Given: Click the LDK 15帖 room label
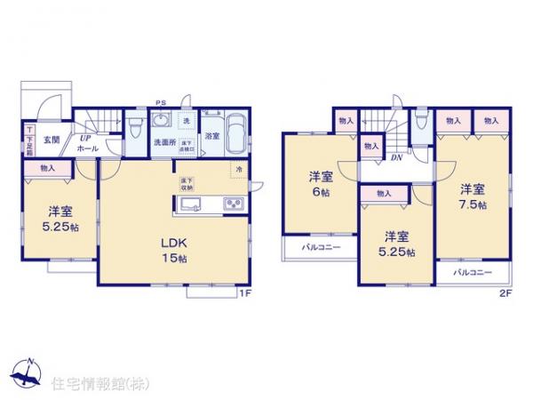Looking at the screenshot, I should pos(173,249).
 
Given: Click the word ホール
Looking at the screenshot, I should pos(88,149).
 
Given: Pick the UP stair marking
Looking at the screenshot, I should pos(87,139).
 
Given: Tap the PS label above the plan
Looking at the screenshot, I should pos(161,102).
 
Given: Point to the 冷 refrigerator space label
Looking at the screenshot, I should pos(238,169).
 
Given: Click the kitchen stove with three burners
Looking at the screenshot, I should pos(235,204).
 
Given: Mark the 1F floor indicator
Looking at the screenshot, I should pos(243,293).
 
